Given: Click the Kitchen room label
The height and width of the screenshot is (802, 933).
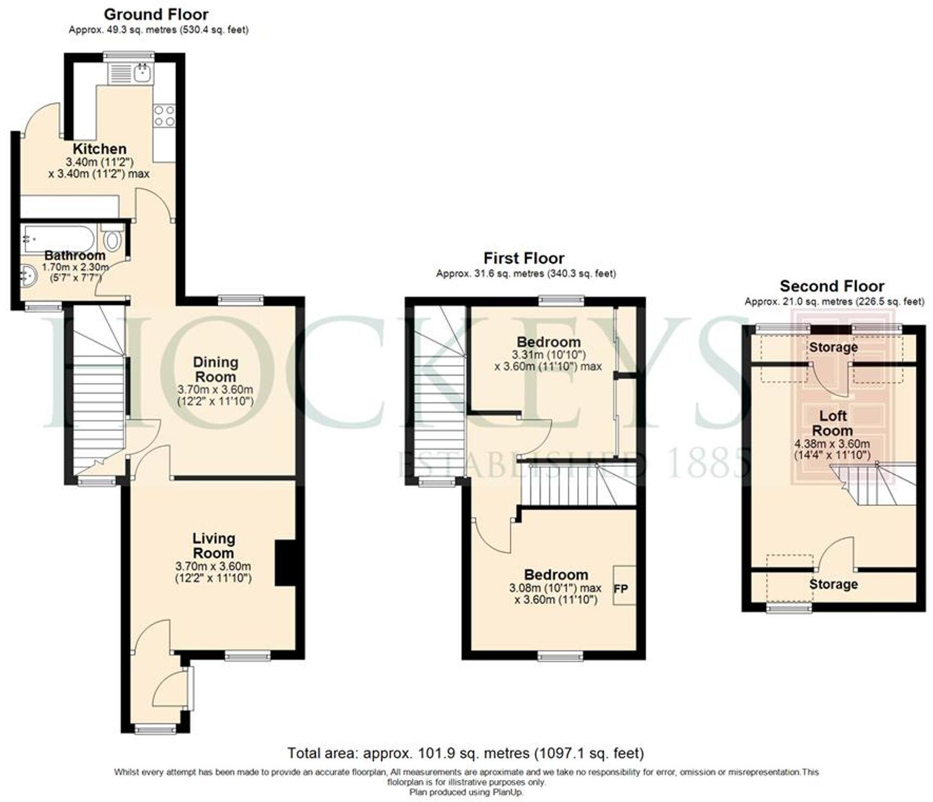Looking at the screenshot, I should [100, 149].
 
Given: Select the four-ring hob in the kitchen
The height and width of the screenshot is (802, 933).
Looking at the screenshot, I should [164, 115].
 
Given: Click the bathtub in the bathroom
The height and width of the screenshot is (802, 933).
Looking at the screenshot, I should [58, 238].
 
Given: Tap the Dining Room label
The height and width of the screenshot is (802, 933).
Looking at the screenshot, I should [215, 370].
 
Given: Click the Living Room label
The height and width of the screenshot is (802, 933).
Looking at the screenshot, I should [214, 546].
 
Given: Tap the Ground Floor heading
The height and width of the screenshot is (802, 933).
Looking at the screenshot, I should [156, 14].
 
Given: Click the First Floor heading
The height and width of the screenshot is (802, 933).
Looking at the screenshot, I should [524, 258].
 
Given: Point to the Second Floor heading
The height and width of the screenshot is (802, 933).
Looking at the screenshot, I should [832, 286].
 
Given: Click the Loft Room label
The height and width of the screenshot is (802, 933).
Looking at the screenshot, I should [833, 423].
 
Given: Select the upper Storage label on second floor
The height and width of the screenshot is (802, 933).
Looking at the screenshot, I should [833, 347].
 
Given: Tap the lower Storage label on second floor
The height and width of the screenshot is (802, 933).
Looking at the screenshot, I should [833, 584].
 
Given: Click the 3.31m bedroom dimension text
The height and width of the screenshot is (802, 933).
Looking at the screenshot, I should [549, 355].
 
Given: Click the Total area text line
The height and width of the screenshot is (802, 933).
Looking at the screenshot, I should [465, 753].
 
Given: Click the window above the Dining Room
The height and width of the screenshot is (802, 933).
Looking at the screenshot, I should [241, 299].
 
